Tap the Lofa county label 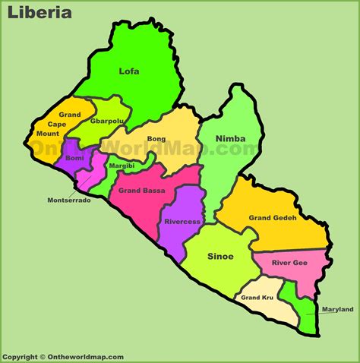[129, 71]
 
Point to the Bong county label [156, 140]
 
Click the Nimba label [231, 138]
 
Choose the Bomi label [75, 157]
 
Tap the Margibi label [122, 166]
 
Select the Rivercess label [182, 222]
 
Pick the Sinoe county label [221, 257]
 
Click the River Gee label [289, 263]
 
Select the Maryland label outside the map [337, 309]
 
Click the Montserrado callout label [69, 200]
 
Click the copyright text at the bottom [62, 356]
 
